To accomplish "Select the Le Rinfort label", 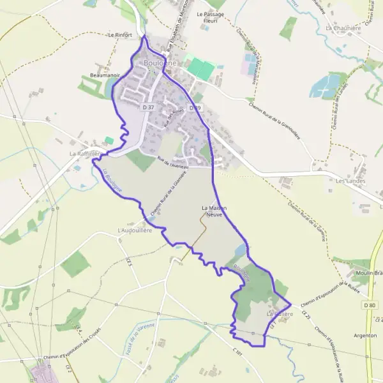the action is pos(119,34).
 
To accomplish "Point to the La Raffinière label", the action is pos(85,154).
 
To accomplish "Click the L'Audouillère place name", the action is pos(134,230).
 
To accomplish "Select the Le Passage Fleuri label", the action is pos(207,17).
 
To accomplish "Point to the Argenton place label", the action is pos(364,335).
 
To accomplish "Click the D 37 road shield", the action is pos(149,107).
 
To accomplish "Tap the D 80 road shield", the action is pos(369,305).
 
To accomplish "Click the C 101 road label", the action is pos(239,352).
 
